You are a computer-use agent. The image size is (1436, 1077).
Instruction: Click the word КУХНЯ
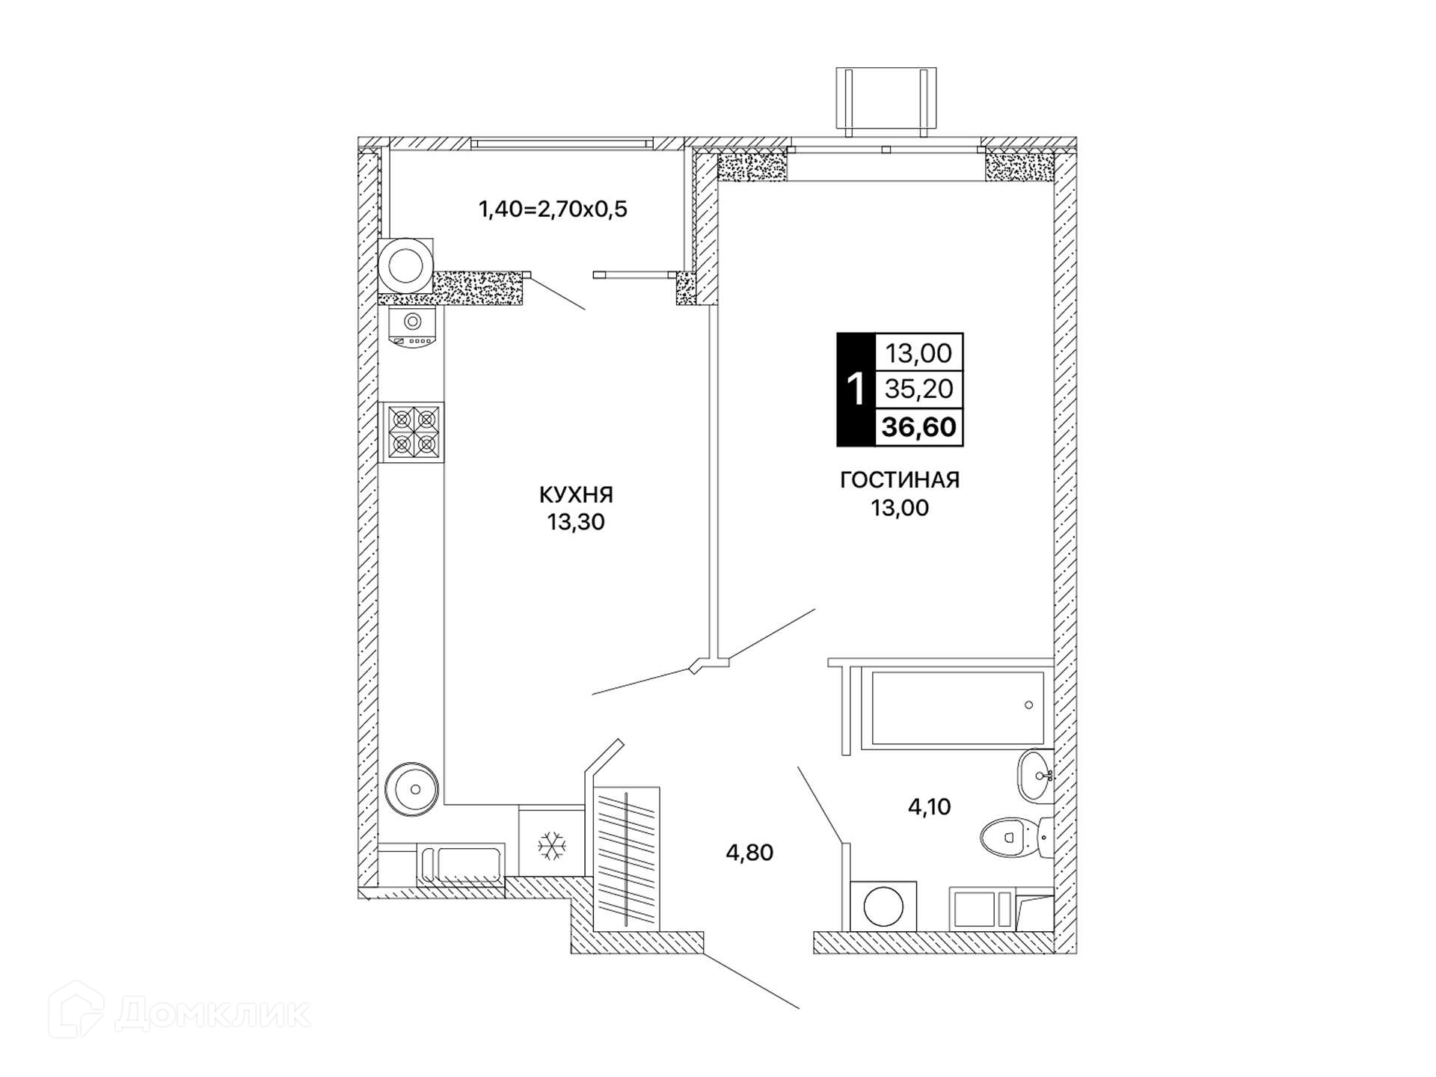point(576,494)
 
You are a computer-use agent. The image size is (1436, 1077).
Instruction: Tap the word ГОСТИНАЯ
point(900,480)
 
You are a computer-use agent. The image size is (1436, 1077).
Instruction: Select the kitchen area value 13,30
point(576,522)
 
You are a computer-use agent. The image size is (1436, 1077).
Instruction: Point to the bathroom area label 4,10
point(929,806)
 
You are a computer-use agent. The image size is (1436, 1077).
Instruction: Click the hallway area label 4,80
point(749,852)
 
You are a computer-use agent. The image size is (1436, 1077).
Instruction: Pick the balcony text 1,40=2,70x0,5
point(553,209)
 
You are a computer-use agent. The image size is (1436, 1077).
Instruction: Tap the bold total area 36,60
point(919,427)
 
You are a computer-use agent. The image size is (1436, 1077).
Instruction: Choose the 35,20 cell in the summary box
point(919,389)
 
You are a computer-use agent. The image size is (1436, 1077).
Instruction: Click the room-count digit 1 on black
point(856,390)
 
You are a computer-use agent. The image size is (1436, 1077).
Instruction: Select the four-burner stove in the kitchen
point(412,432)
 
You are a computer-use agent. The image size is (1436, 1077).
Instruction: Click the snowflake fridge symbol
point(552,845)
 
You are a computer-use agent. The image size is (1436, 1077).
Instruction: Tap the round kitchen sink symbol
point(411,789)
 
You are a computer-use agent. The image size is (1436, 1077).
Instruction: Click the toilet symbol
point(1016,837)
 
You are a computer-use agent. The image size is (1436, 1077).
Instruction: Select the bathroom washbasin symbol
point(1035,776)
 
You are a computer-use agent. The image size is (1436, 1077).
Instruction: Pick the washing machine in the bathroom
point(883,906)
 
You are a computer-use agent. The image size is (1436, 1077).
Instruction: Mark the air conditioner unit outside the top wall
point(886,102)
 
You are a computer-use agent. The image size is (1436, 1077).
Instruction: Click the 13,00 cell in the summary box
point(919,352)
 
